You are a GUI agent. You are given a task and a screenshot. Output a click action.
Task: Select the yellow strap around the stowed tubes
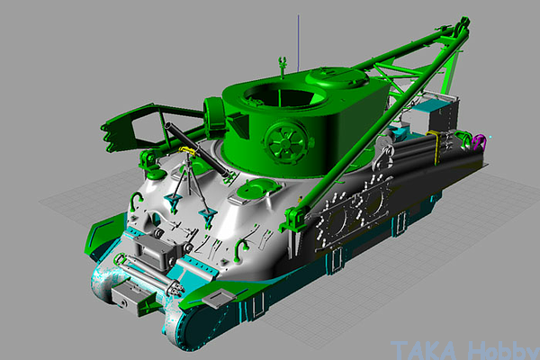point(436,147)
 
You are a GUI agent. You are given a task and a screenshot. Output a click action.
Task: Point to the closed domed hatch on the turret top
point(337,76)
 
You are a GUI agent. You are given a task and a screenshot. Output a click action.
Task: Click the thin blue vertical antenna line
point(298,43)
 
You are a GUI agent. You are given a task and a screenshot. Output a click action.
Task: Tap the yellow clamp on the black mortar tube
point(187,150)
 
